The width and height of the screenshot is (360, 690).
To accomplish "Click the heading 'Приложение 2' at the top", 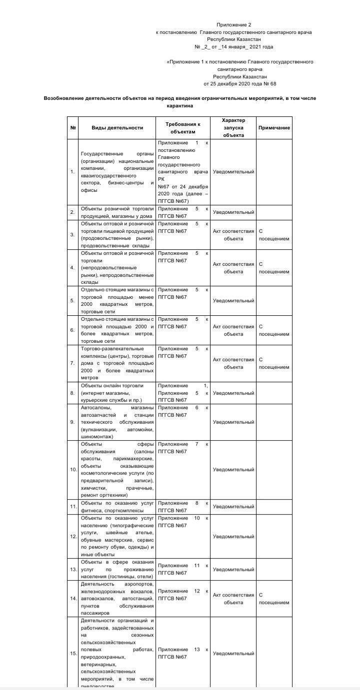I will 234,24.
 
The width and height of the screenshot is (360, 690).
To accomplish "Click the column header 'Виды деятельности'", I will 117,128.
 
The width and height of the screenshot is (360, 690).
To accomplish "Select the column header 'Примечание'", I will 274,128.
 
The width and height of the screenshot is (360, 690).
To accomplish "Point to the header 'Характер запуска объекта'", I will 233,128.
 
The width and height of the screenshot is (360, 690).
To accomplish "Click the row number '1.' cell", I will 72,172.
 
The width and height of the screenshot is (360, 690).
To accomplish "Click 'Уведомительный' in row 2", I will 233,212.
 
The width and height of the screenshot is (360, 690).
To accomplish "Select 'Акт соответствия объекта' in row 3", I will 233,235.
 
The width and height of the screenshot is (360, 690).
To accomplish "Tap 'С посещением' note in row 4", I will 273,268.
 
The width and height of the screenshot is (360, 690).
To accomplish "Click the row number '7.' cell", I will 72,363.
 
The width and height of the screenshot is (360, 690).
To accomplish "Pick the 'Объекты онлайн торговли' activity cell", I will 117,393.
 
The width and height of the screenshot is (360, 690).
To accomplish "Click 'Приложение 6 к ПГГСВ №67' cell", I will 183,411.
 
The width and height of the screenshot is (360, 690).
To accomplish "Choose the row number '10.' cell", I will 73,470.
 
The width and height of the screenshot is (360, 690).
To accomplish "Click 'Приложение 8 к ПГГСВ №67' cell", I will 183,507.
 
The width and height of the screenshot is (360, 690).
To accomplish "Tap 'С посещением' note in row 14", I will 273,599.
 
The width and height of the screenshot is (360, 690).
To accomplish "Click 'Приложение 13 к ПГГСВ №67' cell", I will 183,653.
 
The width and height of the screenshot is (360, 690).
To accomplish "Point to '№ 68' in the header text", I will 269,84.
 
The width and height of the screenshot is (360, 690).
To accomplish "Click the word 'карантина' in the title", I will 180,106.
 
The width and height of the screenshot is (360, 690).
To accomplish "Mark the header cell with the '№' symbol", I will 73,128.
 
